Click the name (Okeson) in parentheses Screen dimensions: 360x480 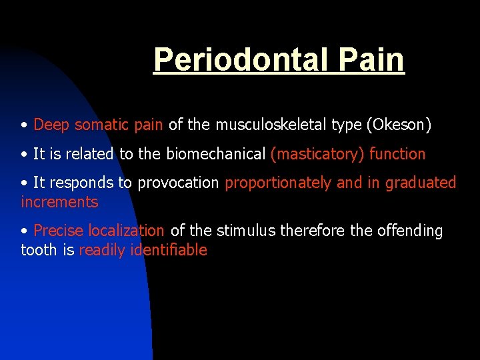399,125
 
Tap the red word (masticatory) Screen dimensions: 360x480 317,154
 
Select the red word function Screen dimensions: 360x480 397,154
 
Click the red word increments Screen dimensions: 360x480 59,202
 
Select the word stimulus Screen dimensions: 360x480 246,231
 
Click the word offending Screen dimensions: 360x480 410,231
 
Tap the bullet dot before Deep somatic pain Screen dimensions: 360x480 24,125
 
